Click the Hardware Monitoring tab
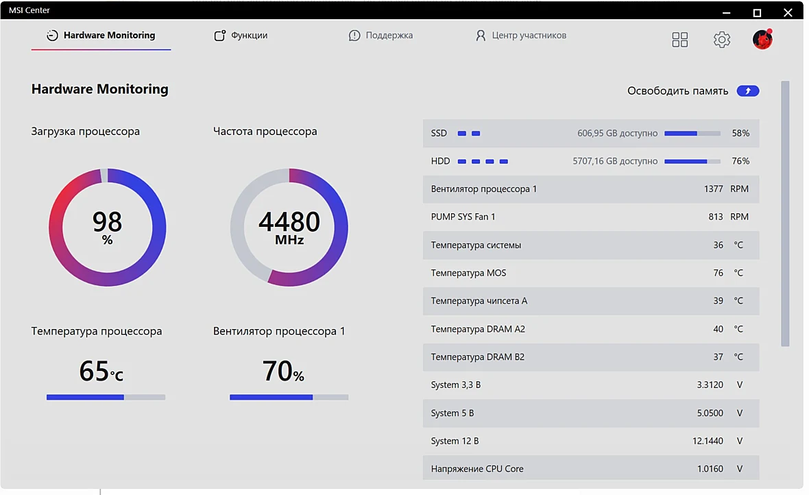tap(101, 35)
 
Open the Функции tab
tap(241, 35)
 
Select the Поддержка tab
tap(381, 35)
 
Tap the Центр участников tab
tap(520, 35)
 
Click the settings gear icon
tap(722, 39)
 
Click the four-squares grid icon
tap(680, 39)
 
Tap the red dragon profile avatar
tap(762, 39)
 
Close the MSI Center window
tap(788, 12)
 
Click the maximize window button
tap(757, 12)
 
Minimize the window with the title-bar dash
tap(727, 12)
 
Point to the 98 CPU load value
tap(108, 222)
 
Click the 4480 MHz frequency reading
tap(289, 227)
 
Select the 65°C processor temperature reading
tap(101, 371)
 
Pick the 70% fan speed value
tap(283, 371)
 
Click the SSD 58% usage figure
tap(740, 133)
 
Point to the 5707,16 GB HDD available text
tap(615, 161)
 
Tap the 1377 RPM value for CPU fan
tap(714, 189)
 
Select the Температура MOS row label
tap(468, 273)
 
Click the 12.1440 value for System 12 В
tap(708, 441)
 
